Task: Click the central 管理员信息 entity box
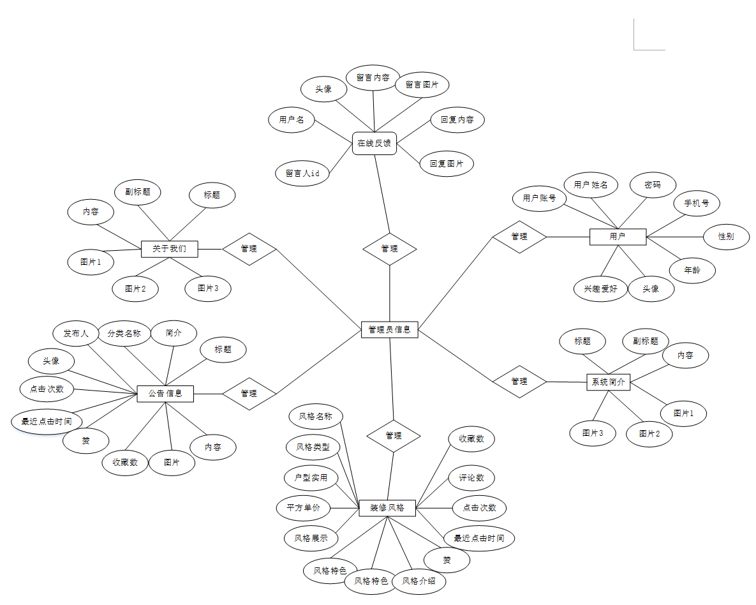click(x=389, y=330)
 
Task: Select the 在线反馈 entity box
click(x=374, y=143)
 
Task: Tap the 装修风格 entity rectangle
click(x=387, y=508)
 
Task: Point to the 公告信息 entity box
click(x=165, y=393)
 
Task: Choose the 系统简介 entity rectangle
click(x=608, y=382)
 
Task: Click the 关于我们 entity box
click(x=169, y=248)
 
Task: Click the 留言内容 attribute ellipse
click(x=373, y=78)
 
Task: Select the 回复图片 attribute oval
click(x=447, y=163)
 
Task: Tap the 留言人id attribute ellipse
click(x=302, y=173)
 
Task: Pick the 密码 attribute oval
click(x=652, y=185)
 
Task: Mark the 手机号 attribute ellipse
click(x=697, y=204)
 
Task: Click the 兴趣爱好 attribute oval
click(x=600, y=288)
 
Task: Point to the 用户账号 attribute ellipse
click(x=540, y=198)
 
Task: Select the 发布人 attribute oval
click(x=76, y=333)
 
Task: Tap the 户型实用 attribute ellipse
click(x=311, y=477)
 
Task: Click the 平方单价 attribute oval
click(x=304, y=508)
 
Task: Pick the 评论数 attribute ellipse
click(x=471, y=477)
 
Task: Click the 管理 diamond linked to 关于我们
click(x=249, y=248)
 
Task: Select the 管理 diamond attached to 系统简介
click(x=519, y=382)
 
